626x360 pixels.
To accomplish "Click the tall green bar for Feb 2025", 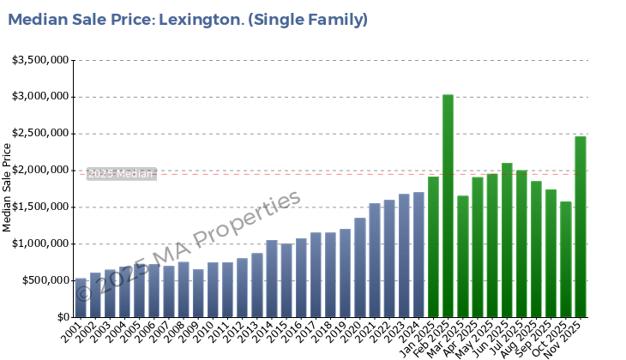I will coord(448,206).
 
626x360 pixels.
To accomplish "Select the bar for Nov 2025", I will coord(580,227).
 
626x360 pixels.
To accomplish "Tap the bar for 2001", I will coord(81,297).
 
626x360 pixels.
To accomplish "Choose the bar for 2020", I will coord(360,267).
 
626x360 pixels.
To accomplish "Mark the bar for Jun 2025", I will coord(507,240).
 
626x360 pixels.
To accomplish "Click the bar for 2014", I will coord(272,279).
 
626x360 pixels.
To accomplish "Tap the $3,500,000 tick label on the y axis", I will coord(40,60).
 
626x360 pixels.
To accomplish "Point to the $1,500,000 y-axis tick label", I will coord(40,207).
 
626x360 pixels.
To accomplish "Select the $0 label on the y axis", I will coord(63,317).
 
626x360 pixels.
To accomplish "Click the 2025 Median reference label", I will coord(121,174).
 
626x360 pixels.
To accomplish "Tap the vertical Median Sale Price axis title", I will coord(8,187).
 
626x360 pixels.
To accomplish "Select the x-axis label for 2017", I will coord(313,330).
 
